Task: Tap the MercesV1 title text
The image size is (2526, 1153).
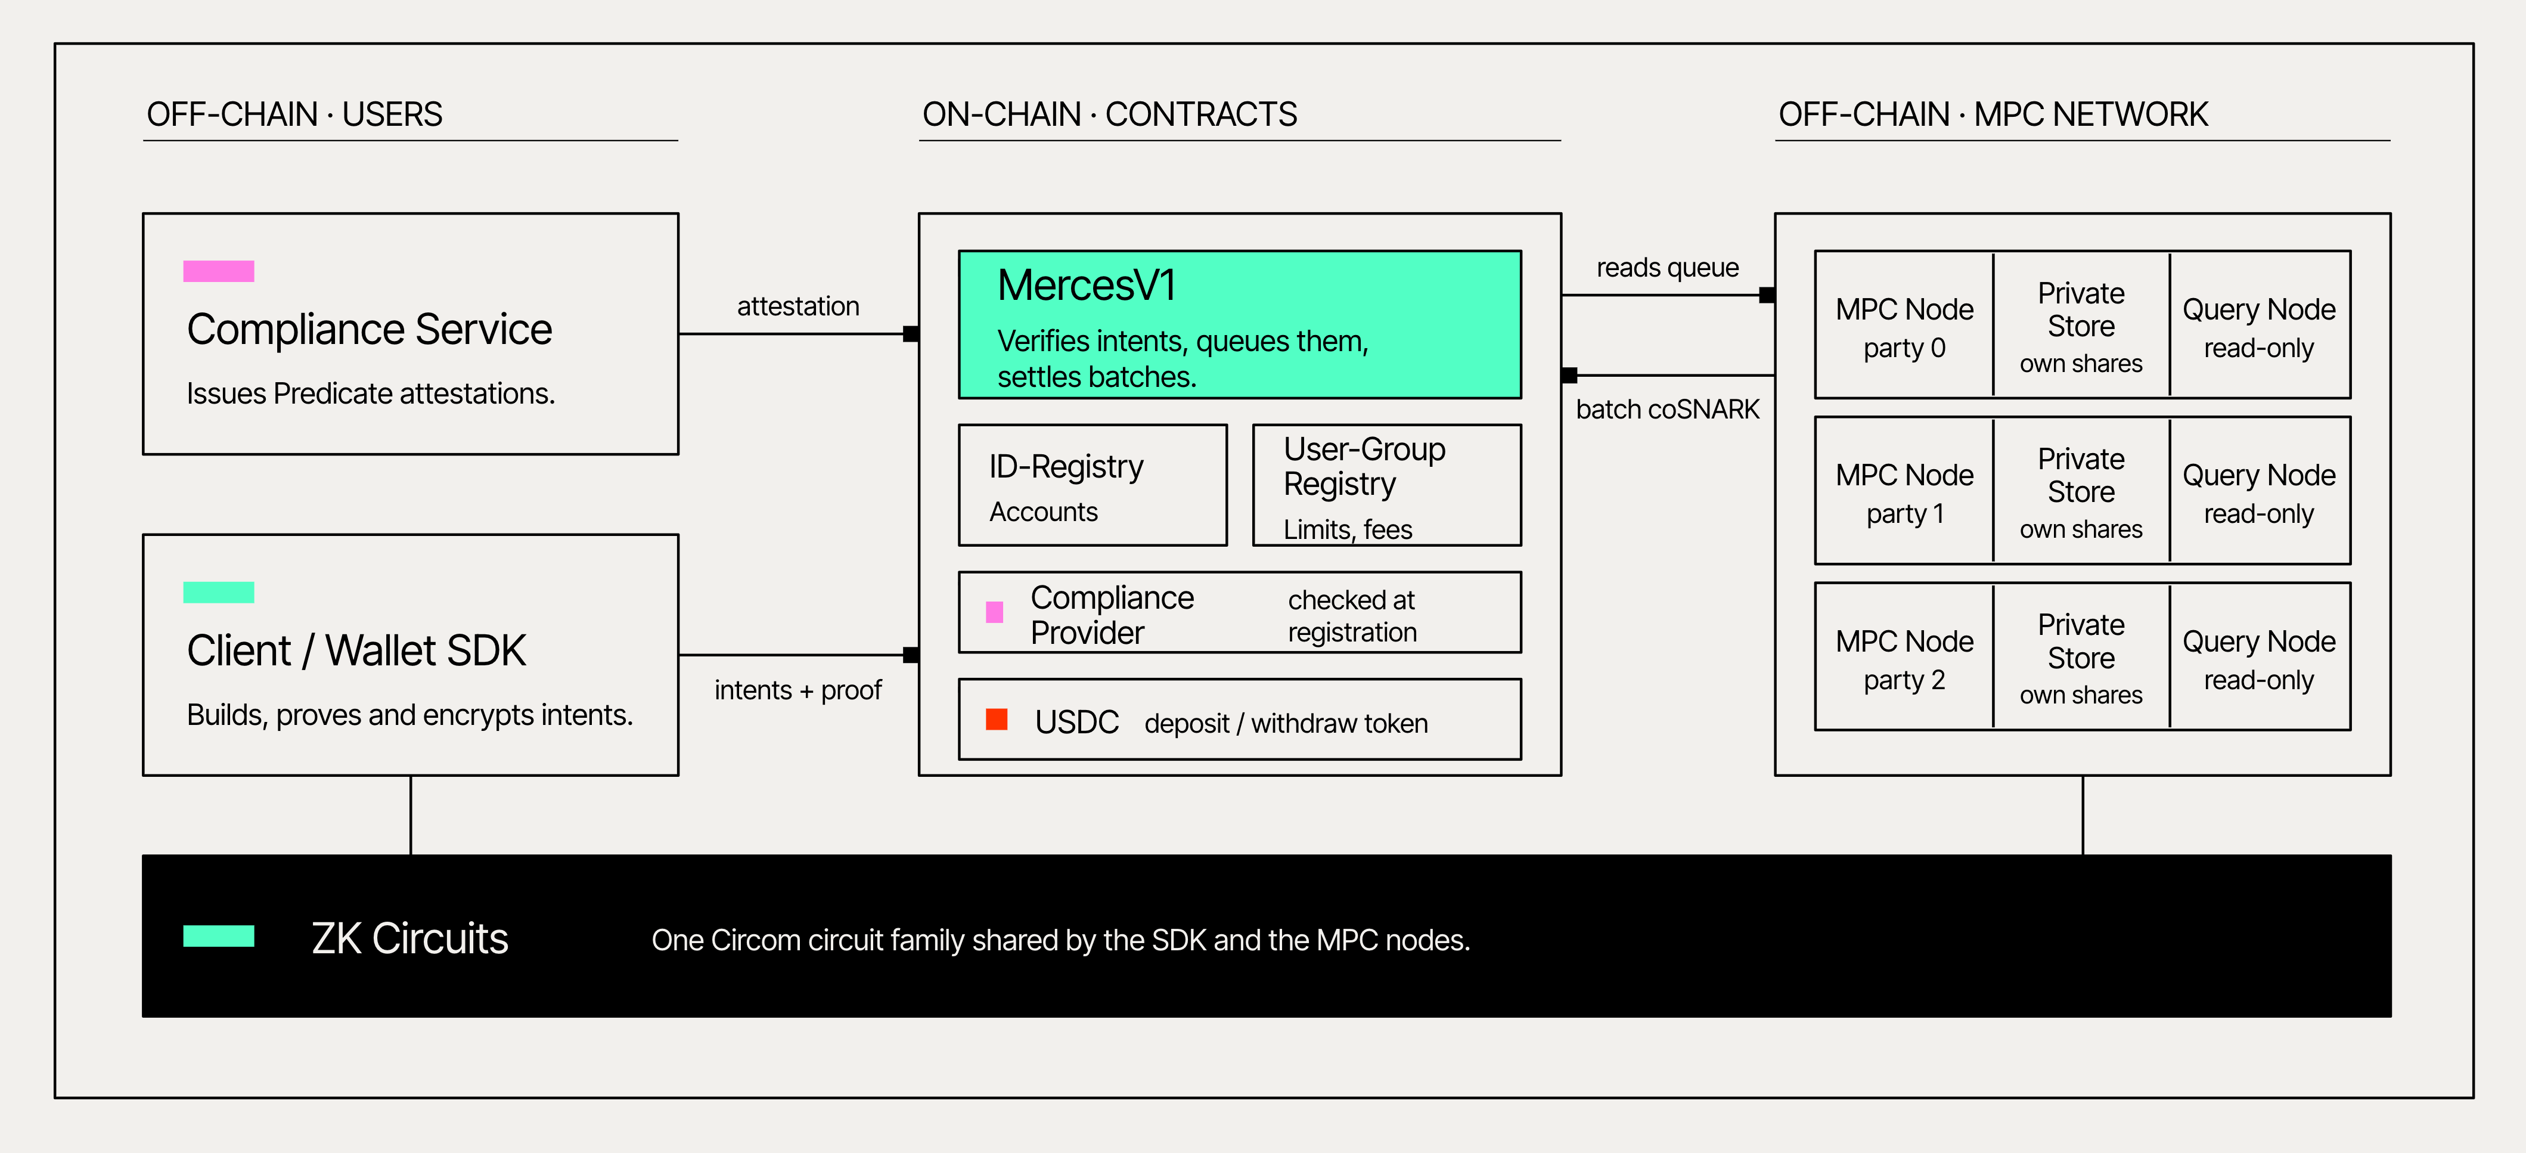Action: point(1087,286)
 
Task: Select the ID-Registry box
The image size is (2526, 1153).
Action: point(1093,485)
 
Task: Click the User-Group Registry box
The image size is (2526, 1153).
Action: point(1386,485)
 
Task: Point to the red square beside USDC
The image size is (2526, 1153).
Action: point(997,720)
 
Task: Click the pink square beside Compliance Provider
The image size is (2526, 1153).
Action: point(994,613)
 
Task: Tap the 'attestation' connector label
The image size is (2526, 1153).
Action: point(798,307)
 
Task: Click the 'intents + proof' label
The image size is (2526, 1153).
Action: point(797,690)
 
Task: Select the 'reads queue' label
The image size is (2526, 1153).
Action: point(1667,268)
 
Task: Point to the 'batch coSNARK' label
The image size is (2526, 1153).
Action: point(1667,409)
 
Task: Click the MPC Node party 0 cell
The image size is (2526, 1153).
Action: point(1904,324)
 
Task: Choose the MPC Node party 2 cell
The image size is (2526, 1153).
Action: point(1904,657)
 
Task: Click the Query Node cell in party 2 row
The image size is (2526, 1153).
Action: point(2260,657)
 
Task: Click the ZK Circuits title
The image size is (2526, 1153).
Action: point(410,938)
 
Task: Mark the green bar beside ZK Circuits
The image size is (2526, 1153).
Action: point(219,937)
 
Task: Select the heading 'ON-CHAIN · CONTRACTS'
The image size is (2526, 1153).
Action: point(1109,114)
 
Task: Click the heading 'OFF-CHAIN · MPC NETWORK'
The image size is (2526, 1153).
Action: point(1993,114)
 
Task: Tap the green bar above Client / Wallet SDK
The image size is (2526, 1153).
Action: point(219,592)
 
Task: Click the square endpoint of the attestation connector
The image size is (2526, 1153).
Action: point(911,334)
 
